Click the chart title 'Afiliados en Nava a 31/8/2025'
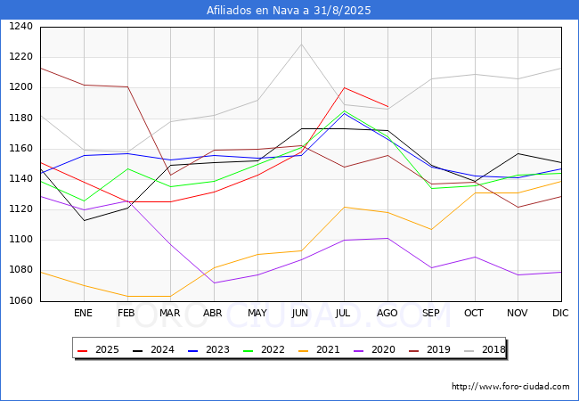289,11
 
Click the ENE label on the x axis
83,314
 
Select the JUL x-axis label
344,314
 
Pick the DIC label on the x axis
560,314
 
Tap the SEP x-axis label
430,314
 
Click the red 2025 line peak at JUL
344,87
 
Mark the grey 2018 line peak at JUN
300,45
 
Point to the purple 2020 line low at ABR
213,282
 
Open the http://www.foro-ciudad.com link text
510,387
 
